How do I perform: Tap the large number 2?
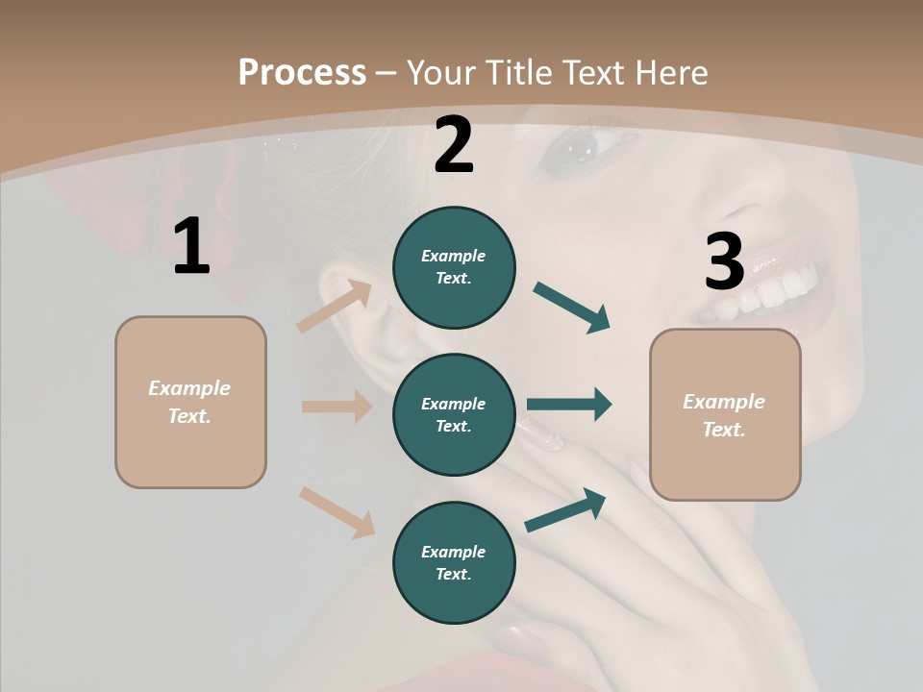454,146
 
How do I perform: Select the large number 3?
725,262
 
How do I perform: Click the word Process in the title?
302,72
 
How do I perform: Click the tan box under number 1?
190,402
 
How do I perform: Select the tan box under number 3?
725,415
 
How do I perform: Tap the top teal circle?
454,267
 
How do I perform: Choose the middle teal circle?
454,414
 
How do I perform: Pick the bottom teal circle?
454,562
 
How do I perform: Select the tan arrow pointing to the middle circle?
337,407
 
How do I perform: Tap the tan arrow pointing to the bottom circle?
337,511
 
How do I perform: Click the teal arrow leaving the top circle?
572,308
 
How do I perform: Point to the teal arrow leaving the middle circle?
569,405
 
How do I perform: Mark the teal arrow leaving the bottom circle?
566,509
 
